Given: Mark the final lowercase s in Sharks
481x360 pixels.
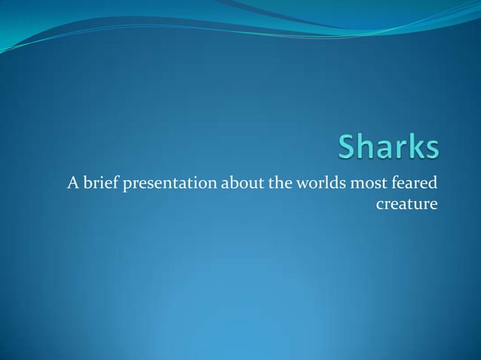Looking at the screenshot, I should pos(430,151).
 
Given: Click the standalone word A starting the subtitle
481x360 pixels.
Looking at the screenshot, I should pos(73,183).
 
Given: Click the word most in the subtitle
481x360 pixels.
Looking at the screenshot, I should pos(357,183).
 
